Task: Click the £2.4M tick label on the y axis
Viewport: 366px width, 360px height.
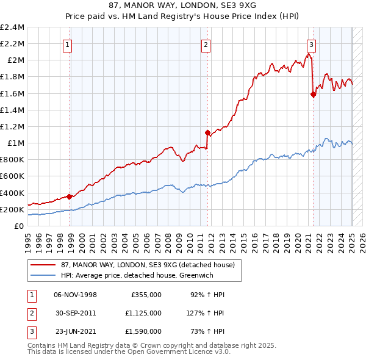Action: (x=12, y=27)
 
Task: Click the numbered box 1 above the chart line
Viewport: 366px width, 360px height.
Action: (x=66, y=44)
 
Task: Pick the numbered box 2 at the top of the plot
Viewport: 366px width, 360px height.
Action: (x=206, y=44)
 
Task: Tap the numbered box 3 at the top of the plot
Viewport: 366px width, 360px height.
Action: (x=311, y=44)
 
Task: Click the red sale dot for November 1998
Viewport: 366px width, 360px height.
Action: (x=70, y=196)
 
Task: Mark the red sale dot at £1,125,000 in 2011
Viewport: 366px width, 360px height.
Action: (x=207, y=132)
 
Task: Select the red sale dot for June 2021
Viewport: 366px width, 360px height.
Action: (x=314, y=94)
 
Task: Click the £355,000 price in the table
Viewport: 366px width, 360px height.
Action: (x=146, y=295)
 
